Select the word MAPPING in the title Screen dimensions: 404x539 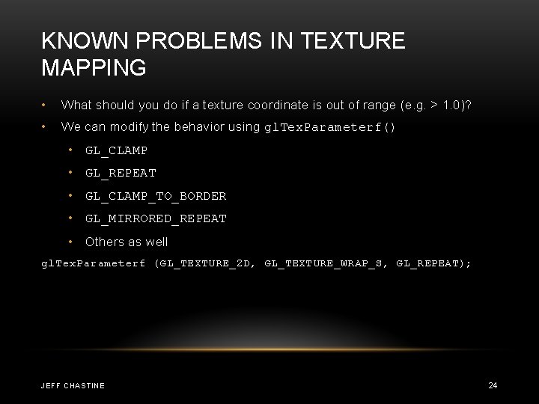click(x=94, y=68)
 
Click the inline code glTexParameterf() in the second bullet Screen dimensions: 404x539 click(x=330, y=127)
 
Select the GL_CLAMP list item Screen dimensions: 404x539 click(x=116, y=150)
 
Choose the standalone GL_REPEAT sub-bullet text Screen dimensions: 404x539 click(x=121, y=173)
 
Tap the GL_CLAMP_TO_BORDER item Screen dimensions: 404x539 click(x=156, y=196)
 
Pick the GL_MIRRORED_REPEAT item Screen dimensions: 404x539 click(x=156, y=218)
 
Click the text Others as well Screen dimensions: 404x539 click(x=127, y=242)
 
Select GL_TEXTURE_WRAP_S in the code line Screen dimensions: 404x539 click(x=326, y=264)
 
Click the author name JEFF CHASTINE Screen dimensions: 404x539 click(x=73, y=385)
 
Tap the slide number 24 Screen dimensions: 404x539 click(x=493, y=385)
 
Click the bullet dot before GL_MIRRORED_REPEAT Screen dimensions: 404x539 click(x=71, y=218)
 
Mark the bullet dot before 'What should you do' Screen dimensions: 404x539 click(x=46, y=104)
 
